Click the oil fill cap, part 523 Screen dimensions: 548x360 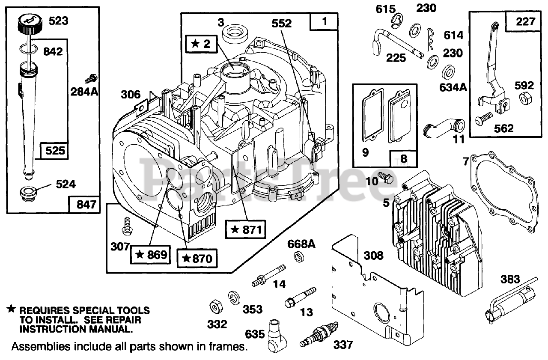click(x=30, y=25)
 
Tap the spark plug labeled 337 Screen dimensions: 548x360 click(x=319, y=334)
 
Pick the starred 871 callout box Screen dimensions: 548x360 click(x=245, y=229)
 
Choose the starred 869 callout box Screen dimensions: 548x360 click(x=150, y=255)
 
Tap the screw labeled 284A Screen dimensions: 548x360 click(x=91, y=79)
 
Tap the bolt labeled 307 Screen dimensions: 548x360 click(x=127, y=226)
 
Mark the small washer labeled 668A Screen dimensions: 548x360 click(x=299, y=257)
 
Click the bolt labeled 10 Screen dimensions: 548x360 click(x=385, y=178)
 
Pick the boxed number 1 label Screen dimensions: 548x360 click(x=324, y=22)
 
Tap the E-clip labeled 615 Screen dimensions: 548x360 click(x=396, y=21)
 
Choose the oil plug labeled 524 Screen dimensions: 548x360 click(x=27, y=195)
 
